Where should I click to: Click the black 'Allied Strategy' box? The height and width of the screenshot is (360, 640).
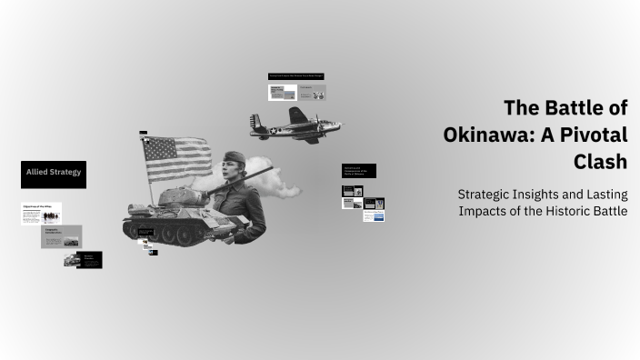[54, 174]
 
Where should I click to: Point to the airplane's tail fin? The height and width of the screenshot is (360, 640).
[257, 120]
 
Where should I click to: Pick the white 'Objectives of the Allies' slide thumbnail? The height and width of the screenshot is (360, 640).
[41, 213]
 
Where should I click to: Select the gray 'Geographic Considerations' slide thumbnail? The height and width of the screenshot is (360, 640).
[62, 236]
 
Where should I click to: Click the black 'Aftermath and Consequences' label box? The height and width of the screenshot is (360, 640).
[358, 170]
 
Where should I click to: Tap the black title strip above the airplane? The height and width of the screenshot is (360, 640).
[296, 75]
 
